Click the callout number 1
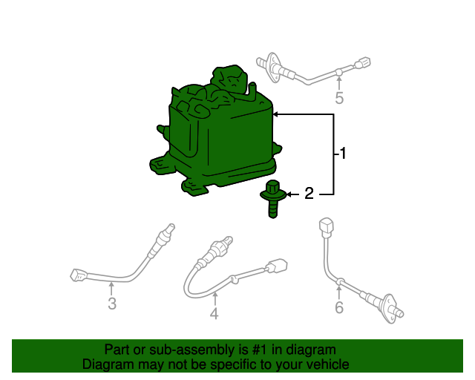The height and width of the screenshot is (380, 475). [x=343, y=154]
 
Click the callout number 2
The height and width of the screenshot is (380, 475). [x=309, y=194]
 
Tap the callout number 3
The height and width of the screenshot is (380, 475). [x=112, y=304]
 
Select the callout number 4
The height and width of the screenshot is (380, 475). [x=214, y=314]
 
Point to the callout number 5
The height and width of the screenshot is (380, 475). [x=339, y=98]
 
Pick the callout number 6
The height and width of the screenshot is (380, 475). [x=339, y=307]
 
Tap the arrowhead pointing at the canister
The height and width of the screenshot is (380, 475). [x=276, y=114]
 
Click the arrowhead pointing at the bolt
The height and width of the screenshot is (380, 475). [x=290, y=194]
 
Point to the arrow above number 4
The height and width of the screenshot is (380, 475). [x=214, y=298]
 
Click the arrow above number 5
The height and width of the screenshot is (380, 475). [x=339, y=82]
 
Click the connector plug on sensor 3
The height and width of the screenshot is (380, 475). [x=78, y=275]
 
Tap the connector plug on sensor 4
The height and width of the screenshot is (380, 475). [x=278, y=265]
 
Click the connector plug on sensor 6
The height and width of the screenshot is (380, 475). [x=324, y=225]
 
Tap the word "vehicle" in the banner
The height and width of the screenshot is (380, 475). [x=324, y=364]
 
